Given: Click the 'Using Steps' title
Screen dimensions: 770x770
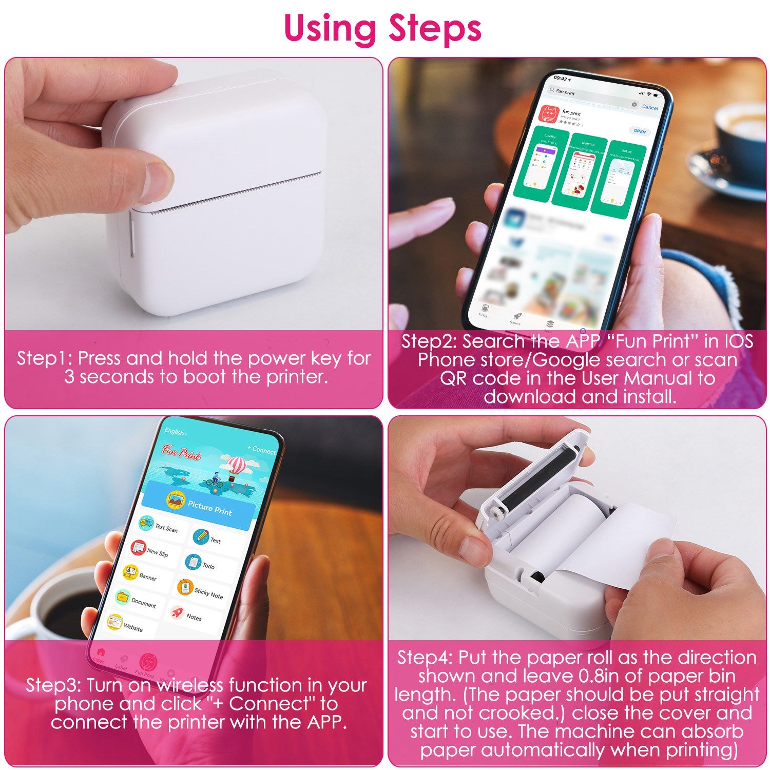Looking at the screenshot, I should click(x=382, y=28).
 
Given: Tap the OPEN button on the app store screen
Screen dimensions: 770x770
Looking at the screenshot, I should click(x=639, y=131).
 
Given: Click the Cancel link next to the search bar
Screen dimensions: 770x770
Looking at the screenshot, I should click(x=649, y=107).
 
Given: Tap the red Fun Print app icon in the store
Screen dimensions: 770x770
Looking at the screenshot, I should click(x=548, y=114).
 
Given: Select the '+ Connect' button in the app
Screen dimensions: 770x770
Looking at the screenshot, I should click(x=261, y=450).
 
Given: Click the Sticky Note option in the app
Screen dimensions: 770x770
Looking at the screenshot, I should click(x=200, y=590).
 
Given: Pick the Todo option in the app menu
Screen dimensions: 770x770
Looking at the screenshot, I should click(x=200, y=564).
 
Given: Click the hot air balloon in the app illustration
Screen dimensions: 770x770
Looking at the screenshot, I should click(x=237, y=466).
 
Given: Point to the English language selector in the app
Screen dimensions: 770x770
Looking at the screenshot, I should click(x=176, y=432).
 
